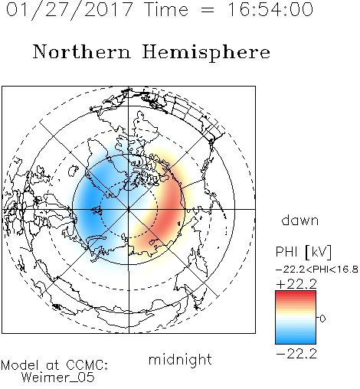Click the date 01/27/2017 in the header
tap(70, 10)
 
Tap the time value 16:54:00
tap(270, 9)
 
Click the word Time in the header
tap(166, 9)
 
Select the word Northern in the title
tap(82, 51)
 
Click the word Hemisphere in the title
tap(206, 53)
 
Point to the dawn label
tap(300, 220)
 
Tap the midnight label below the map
tap(180, 359)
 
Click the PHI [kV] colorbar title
tap(303, 252)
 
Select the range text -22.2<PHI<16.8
tap(317, 270)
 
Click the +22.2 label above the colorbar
tap(296, 284)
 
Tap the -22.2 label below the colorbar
tap(296, 354)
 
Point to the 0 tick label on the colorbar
tap(322, 319)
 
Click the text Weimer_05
tap(58, 378)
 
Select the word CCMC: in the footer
tap(87, 365)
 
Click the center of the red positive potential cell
tap(169, 212)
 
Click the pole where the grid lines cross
tap(129, 209)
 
